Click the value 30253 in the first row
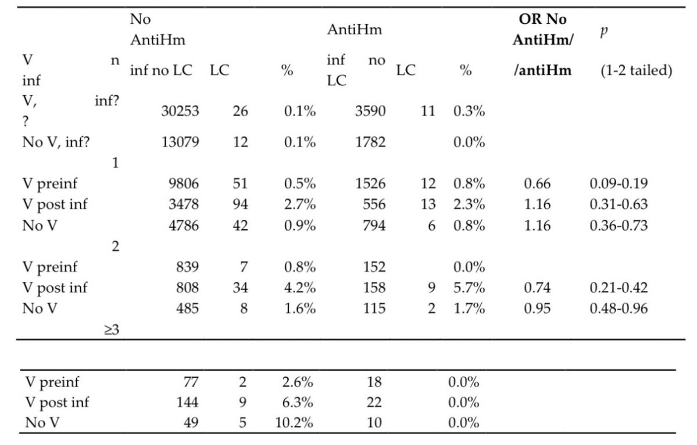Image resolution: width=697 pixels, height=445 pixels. (x=180, y=112)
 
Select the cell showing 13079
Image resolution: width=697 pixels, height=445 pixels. (x=180, y=142)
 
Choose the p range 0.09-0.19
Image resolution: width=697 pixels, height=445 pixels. (x=616, y=184)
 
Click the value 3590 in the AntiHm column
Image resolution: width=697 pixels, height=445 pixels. (x=370, y=112)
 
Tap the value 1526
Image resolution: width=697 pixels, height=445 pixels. (x=370, y=184)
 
